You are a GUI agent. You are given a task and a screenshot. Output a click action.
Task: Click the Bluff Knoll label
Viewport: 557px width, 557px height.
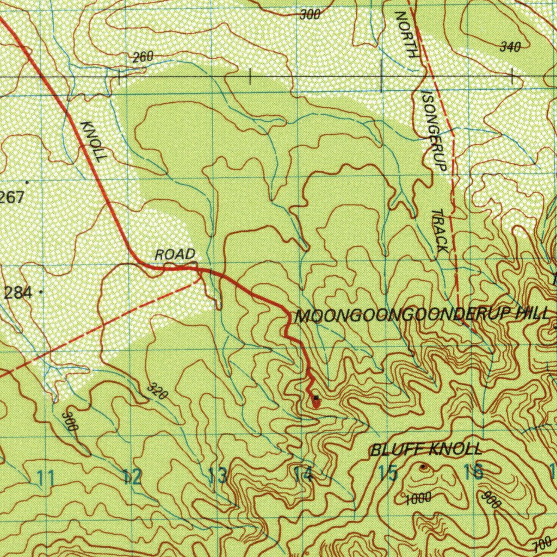(x=426, y=449)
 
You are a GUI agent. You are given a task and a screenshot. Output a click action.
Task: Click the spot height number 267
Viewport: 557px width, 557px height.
(x=12, y=197)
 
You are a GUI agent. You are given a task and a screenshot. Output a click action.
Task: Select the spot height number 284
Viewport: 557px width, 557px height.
(x=17, y=293)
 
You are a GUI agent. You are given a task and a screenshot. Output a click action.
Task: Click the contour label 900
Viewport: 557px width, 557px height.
(x=491, y=499)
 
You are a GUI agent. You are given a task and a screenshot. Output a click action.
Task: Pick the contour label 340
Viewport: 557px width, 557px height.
(x=510, y=47)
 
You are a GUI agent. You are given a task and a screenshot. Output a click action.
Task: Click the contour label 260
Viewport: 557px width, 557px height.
(x=143, y=57)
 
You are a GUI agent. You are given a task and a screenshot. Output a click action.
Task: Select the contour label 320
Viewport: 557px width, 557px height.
(x=157, y=391)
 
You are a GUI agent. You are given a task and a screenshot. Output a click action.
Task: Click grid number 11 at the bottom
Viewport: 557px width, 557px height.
(x=46, y=479)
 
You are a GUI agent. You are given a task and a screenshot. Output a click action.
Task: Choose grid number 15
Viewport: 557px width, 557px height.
(x=388, y=473)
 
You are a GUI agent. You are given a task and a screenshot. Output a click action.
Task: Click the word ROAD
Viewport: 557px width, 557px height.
(x=175, y=254)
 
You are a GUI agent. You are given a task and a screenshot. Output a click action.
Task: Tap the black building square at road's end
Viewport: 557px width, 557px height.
(x=316, y=398)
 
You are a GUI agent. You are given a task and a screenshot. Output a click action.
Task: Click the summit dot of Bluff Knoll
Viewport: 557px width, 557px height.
(x=424, y=467)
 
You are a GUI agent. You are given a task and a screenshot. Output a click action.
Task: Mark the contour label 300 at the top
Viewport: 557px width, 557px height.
(x=310, y=15)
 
